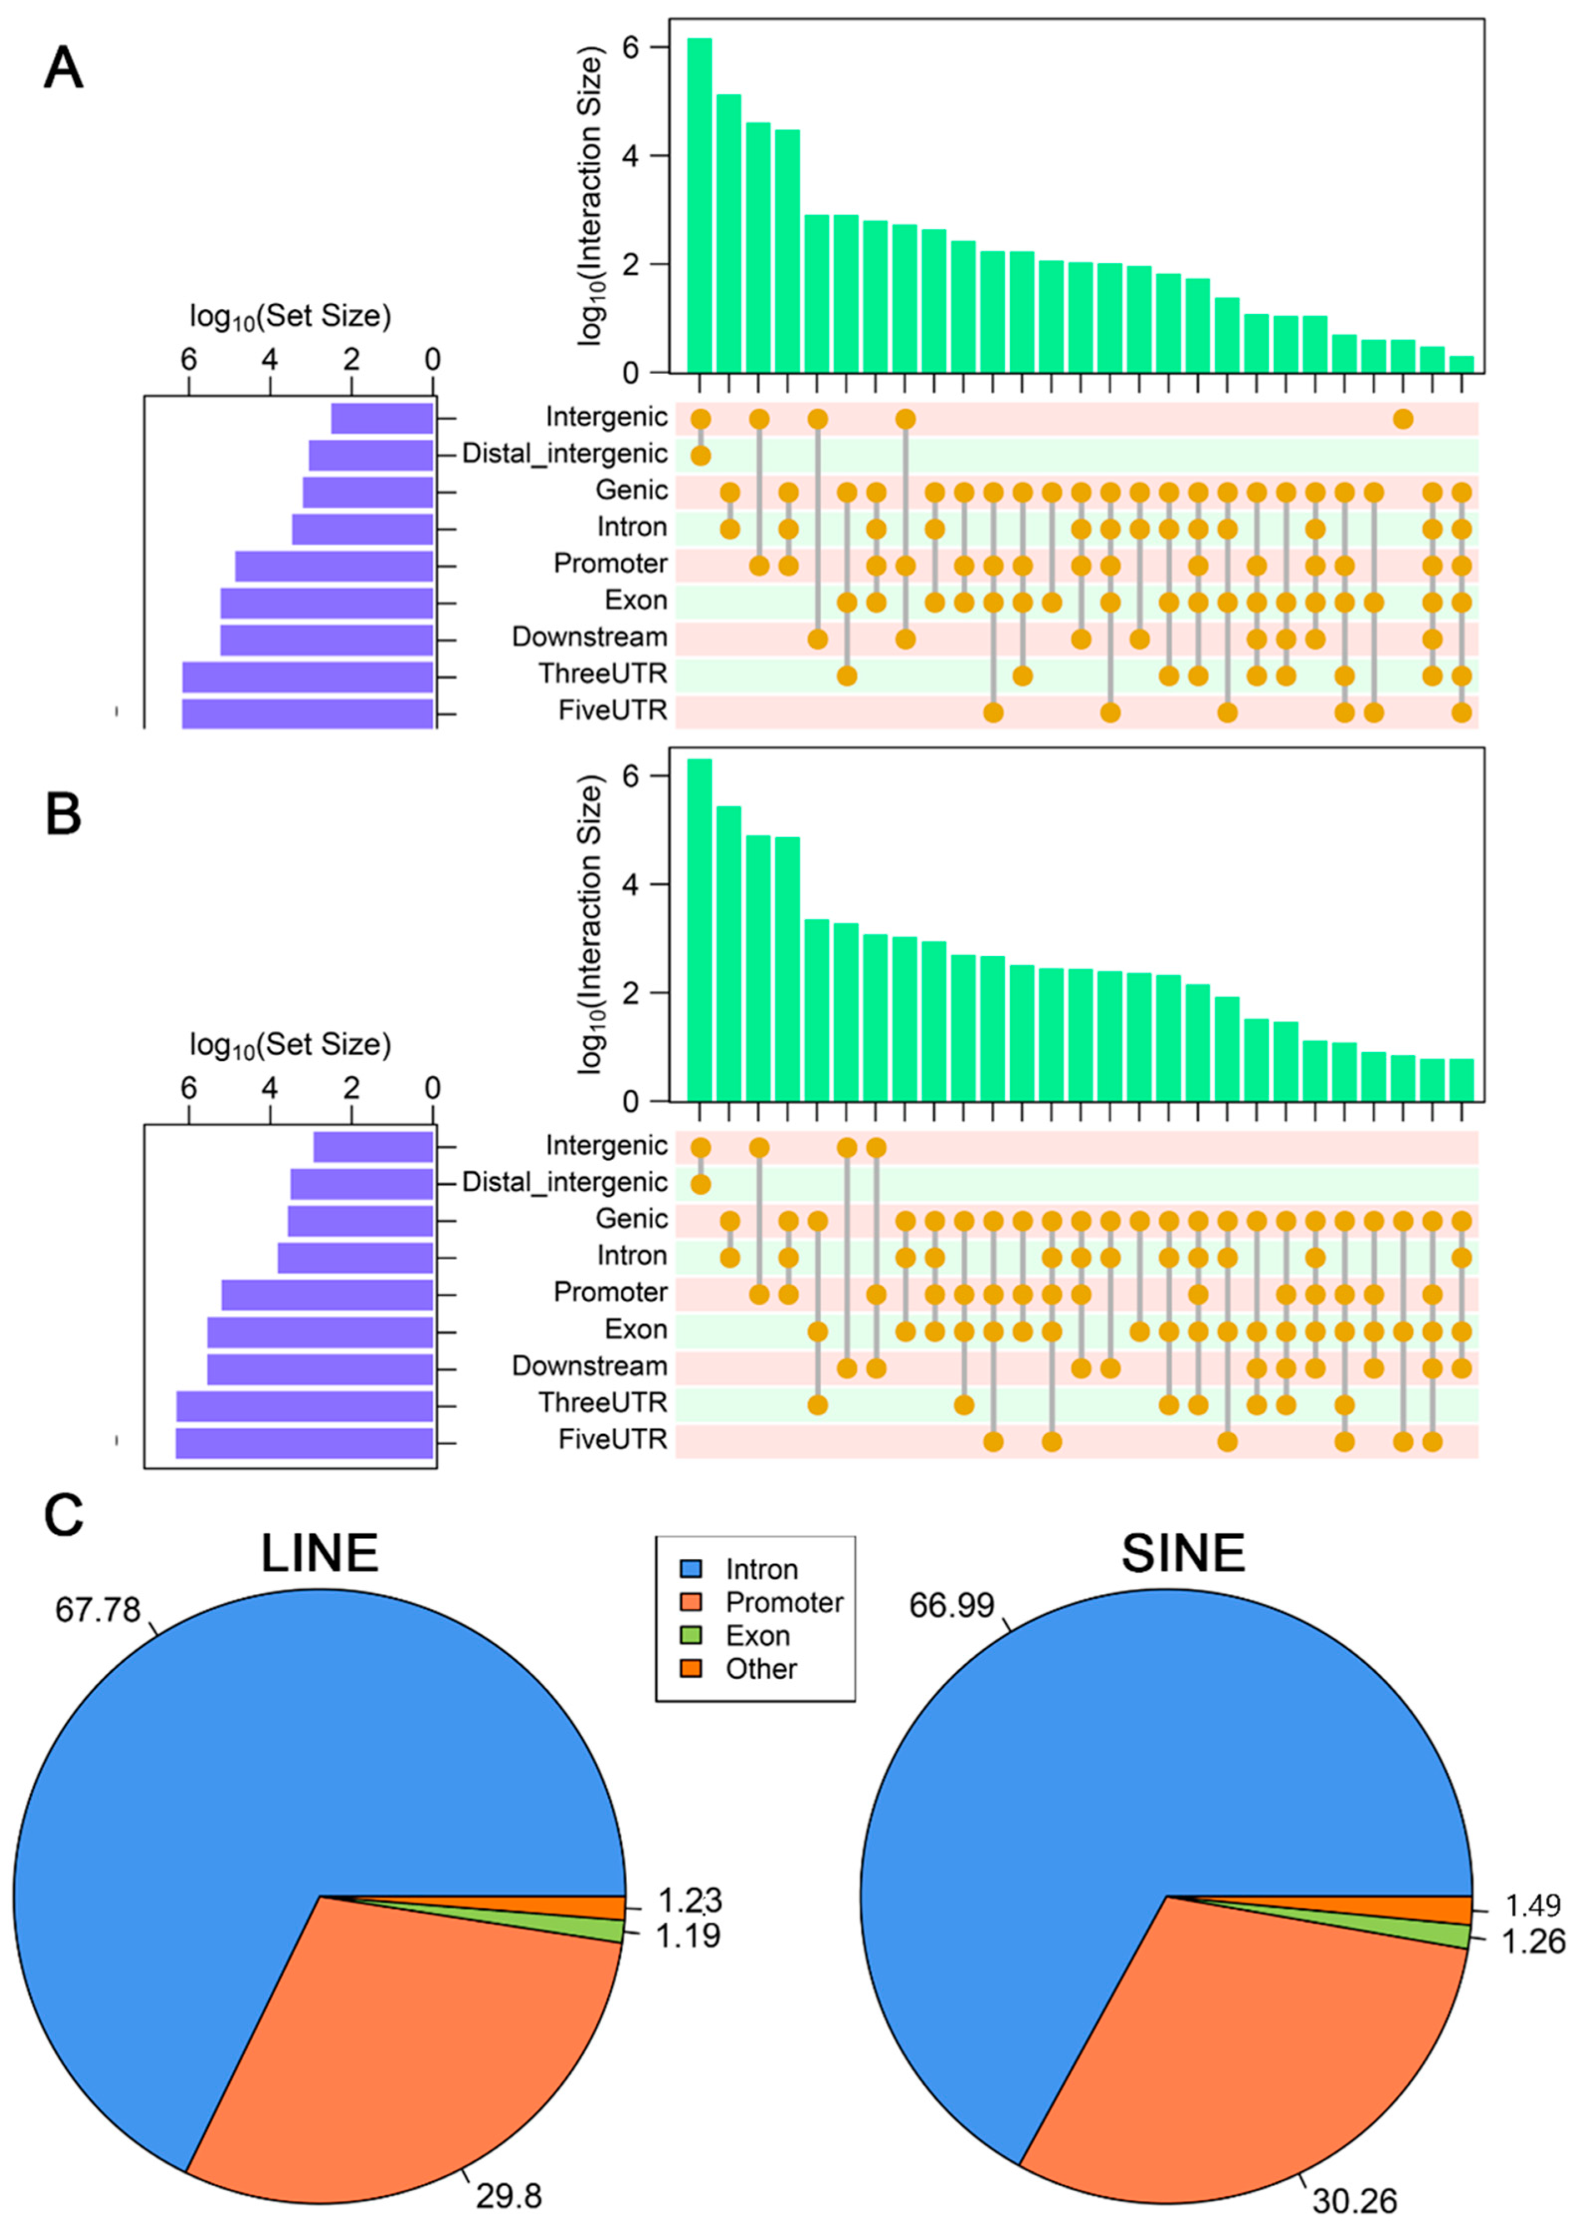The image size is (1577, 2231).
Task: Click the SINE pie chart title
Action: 1182,1553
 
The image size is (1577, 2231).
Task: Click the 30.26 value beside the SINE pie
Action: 1354,2200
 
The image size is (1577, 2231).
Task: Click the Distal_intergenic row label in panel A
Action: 565,454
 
